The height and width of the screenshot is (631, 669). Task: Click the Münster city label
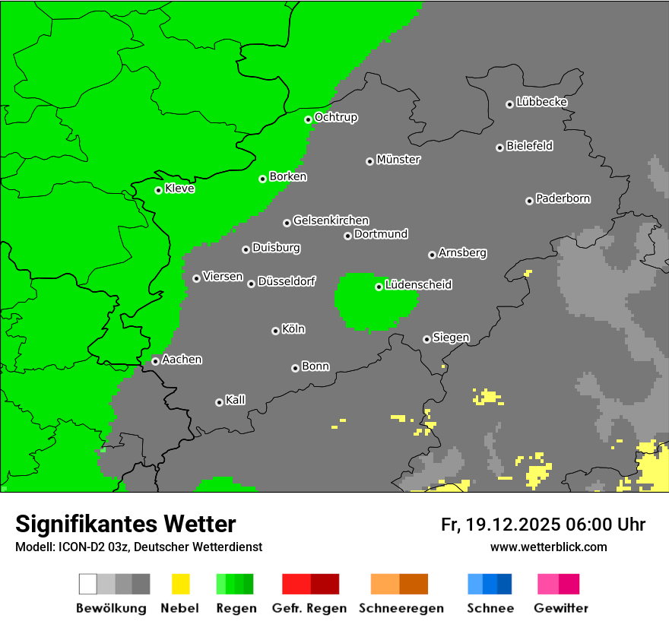(398, 160)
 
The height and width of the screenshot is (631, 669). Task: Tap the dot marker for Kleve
(158, 190)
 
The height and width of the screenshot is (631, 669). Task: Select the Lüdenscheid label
(418, 284)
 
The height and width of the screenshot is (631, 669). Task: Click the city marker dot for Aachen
(155, 361)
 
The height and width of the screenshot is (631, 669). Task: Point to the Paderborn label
(563, 198)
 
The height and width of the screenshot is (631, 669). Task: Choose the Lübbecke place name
(541, 102)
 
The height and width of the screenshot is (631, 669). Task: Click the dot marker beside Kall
(219, 402)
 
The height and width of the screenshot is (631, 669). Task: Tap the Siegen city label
(451, 338)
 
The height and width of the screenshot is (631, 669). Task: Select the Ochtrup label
(336, 117)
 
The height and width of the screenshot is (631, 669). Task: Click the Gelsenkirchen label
(331, 220)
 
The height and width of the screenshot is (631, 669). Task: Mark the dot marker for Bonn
(295, 368)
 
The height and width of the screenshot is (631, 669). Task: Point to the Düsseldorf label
(287, 281)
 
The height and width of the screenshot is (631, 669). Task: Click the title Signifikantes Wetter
(125, 524)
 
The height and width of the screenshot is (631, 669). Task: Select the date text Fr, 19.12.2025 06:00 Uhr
(543, 525)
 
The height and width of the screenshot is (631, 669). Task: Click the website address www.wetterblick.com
(548, 547)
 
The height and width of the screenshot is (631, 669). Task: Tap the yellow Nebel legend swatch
(180, 584)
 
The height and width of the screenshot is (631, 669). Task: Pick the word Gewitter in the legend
(560, 608)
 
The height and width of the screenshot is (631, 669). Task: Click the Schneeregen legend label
(399, 608)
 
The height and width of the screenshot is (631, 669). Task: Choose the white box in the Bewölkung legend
(88, 584)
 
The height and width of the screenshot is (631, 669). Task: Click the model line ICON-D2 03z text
(138, 547)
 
